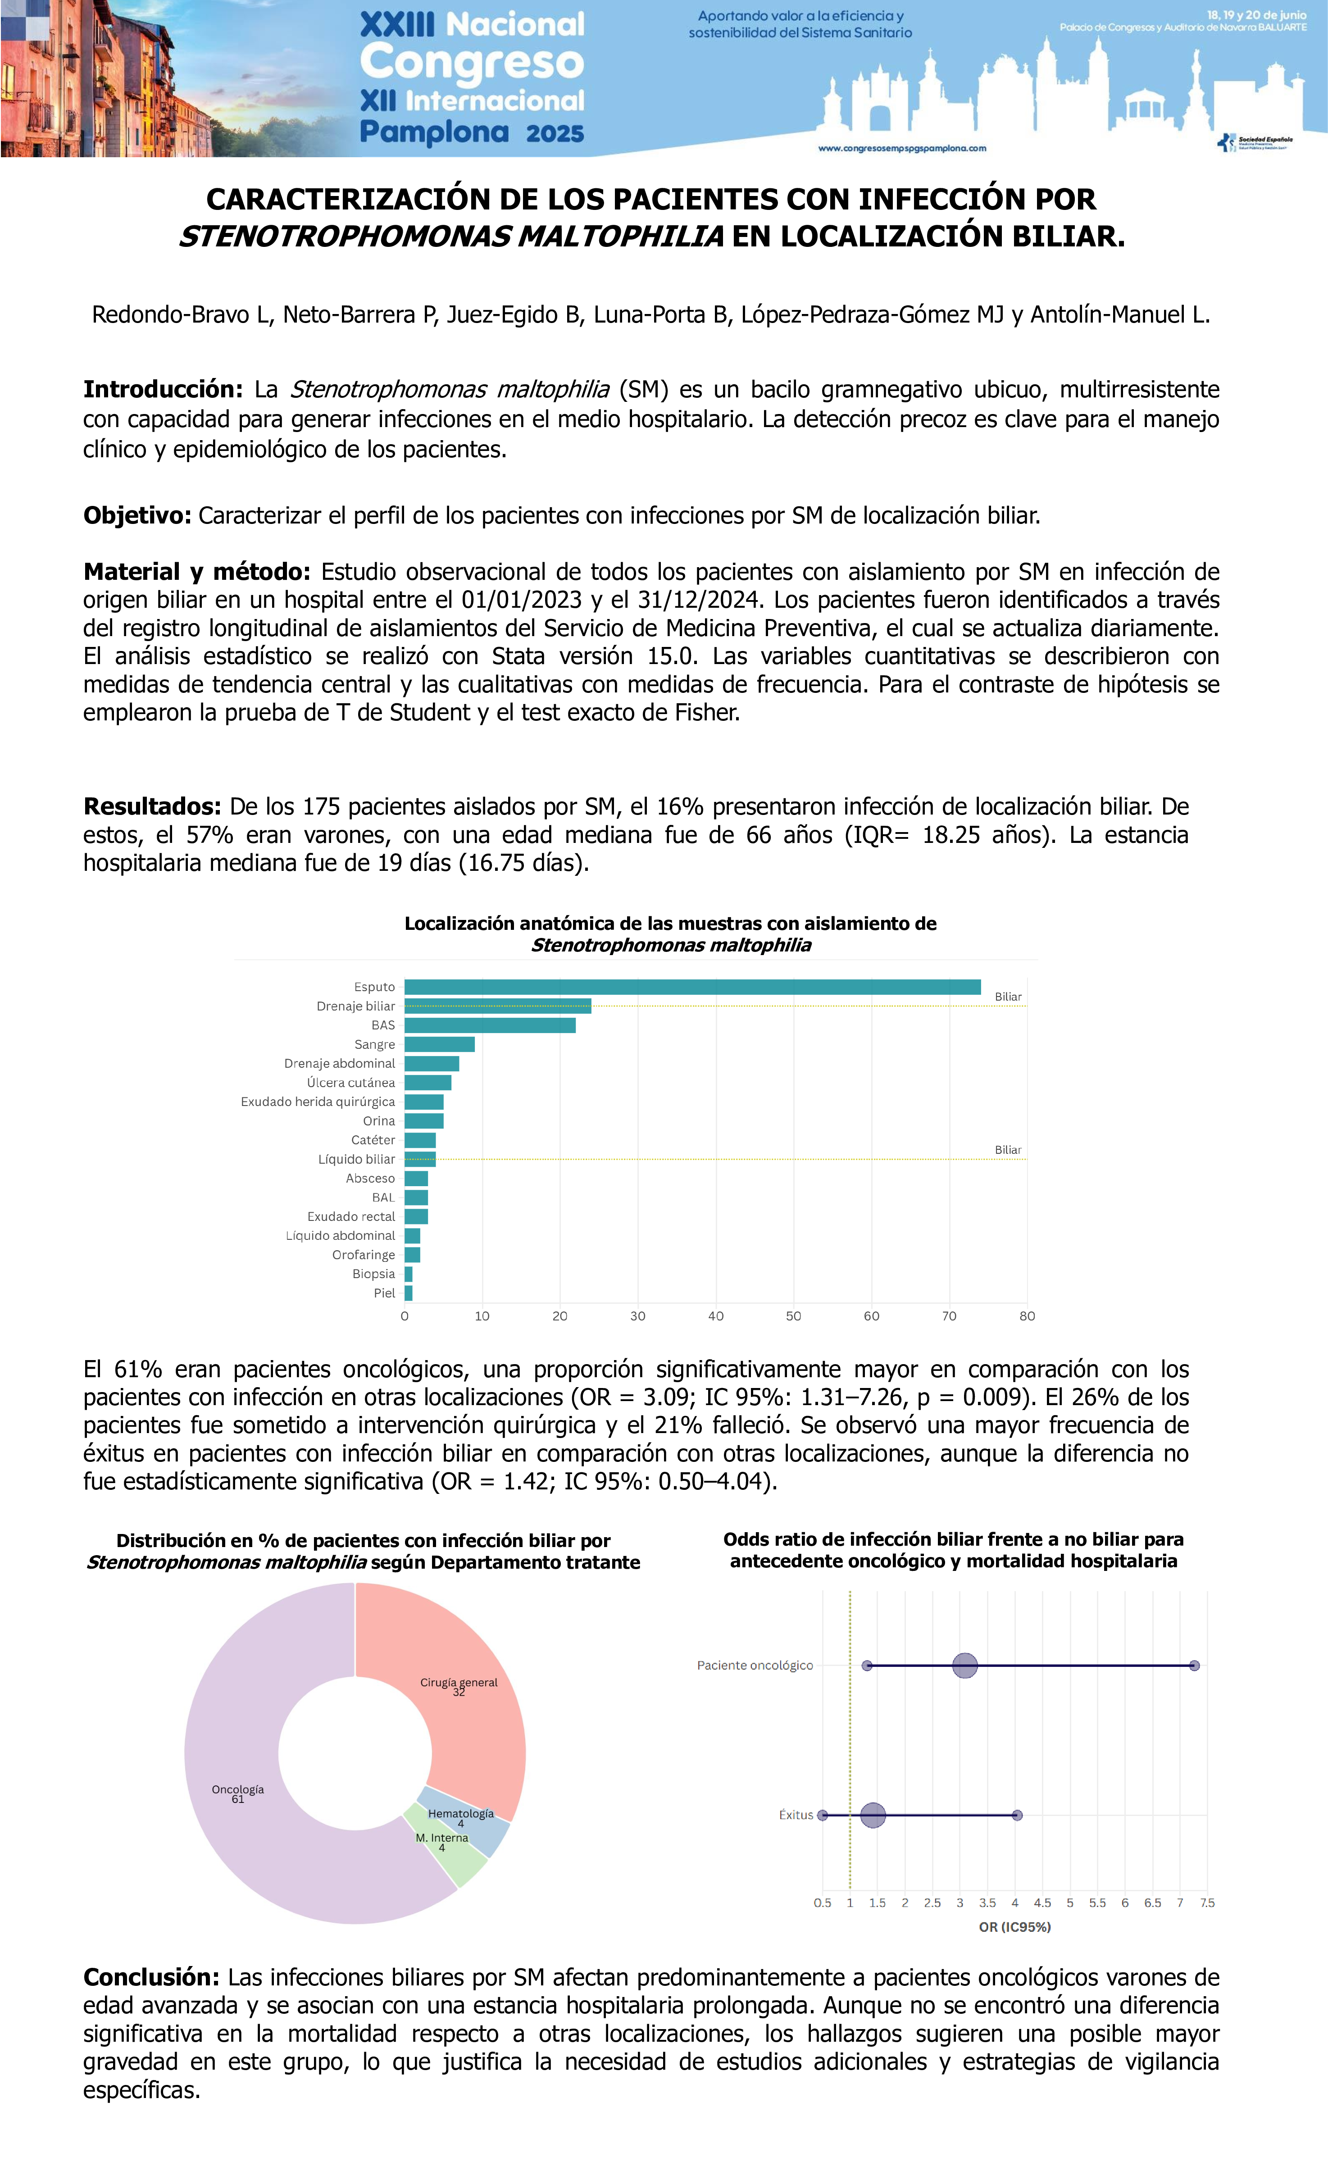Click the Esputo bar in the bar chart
click(x=692, y=987)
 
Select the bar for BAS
click(x=490, y=1025)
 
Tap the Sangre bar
click(x=439, y=1044)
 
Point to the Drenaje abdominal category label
click(x=339, y=1064)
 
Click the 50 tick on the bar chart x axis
click(x=793, y=1316)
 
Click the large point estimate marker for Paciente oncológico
click(x=965, y=1665)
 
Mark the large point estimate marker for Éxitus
click(x=873, y=1815)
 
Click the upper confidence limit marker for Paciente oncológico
click(x=1194, y=1665)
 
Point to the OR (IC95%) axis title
click(x=1014, y=1927)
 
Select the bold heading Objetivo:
click(x=136, y=515)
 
